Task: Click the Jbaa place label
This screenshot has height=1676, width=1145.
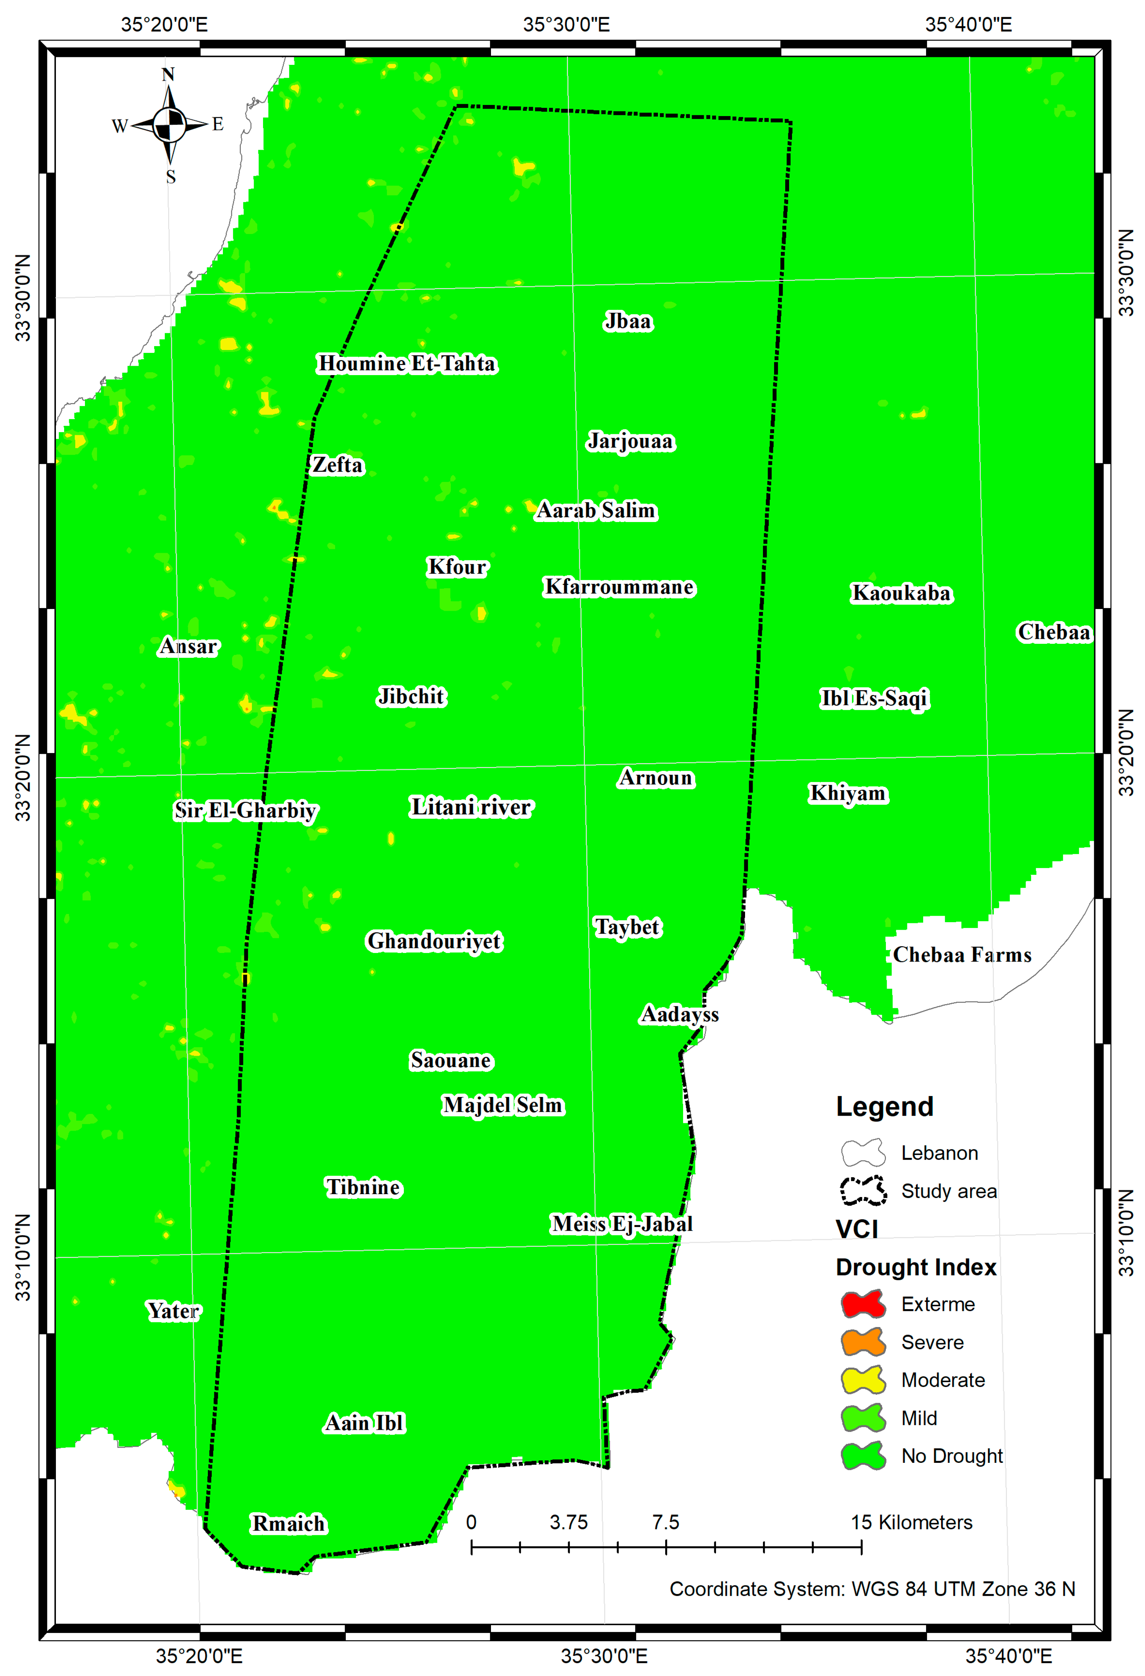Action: click(x=628, y=322)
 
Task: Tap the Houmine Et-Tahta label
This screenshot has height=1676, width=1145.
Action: click(x=407, y=364)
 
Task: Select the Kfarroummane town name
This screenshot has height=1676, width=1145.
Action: click(x=619, y=587)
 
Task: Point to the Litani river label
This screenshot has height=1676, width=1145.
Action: click(x=471, y=807)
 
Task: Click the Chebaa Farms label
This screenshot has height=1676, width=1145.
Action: click(x=962, y=955)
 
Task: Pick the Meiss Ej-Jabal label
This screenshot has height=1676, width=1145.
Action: click(x=622, y=1224)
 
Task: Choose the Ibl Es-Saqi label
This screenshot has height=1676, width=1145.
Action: click(x=874, y=698)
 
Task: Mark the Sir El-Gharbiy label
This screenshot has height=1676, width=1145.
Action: click(x=245, y=811)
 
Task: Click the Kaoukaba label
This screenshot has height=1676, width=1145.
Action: click(x=901, y=594)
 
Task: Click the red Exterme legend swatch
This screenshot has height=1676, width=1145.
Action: click(x=863, y=1304)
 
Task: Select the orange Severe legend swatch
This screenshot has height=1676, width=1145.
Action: click(x=863, y=1342)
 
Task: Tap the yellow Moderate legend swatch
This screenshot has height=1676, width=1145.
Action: click(x=863, y=1380)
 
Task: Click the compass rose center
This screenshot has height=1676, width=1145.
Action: click(x=170, y=125)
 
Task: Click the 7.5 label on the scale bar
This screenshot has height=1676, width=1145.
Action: click(x=665, y=1522)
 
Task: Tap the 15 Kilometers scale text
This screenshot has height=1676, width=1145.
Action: click(x=911, y=1522)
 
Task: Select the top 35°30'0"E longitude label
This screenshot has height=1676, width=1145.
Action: click(x=566, y=24)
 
